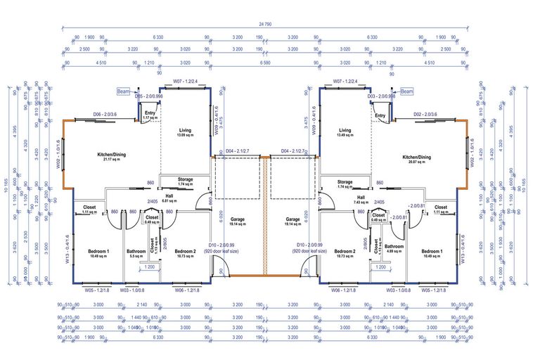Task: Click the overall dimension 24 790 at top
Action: (x=265, y=25)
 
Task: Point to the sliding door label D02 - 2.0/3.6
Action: (x=425, y=114)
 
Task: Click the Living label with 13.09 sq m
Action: (x=185, y=132)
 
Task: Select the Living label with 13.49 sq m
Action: (x=345, y=132)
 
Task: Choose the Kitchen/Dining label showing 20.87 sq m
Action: (x=416, y=159)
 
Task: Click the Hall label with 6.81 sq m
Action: (x=169, y=198)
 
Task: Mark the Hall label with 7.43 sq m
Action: (x=361, y=200)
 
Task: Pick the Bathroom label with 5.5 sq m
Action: (x=136, y=253)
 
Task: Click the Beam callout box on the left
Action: (x=123, y=91)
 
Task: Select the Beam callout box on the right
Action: (x=407, y=91)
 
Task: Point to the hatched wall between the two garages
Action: (x=266, y=214)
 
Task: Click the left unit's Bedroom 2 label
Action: (x=185, y=253)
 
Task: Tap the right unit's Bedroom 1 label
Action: (x=432, y=253)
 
